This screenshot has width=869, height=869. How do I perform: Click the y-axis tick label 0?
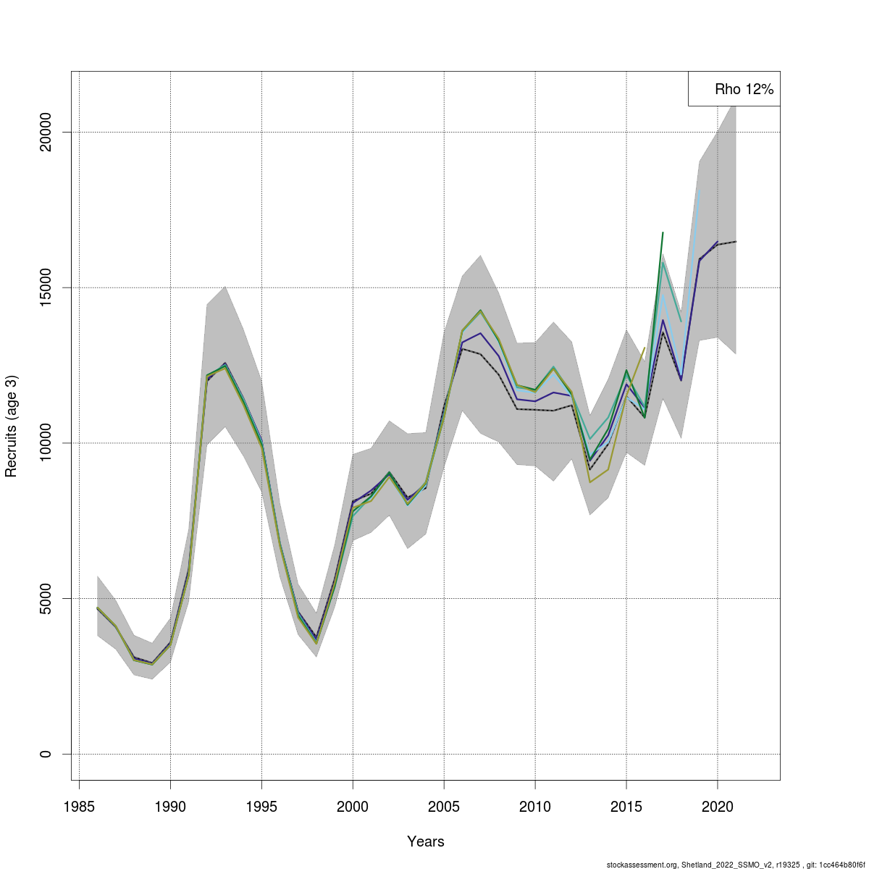46,754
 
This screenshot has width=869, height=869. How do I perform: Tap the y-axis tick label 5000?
46,598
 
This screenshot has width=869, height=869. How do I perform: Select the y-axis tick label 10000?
46,443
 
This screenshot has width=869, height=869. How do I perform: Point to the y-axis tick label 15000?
46,287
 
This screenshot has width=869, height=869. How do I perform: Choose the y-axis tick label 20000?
46,132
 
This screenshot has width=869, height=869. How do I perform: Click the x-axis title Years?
426,841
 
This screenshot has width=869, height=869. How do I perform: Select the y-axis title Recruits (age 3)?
11,426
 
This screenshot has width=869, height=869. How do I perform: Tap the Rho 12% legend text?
744,90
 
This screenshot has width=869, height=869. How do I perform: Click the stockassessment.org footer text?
736,864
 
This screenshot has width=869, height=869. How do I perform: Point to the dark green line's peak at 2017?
663,232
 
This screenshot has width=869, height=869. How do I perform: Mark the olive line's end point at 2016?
645,348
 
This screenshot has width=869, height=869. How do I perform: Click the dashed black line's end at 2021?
736,241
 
